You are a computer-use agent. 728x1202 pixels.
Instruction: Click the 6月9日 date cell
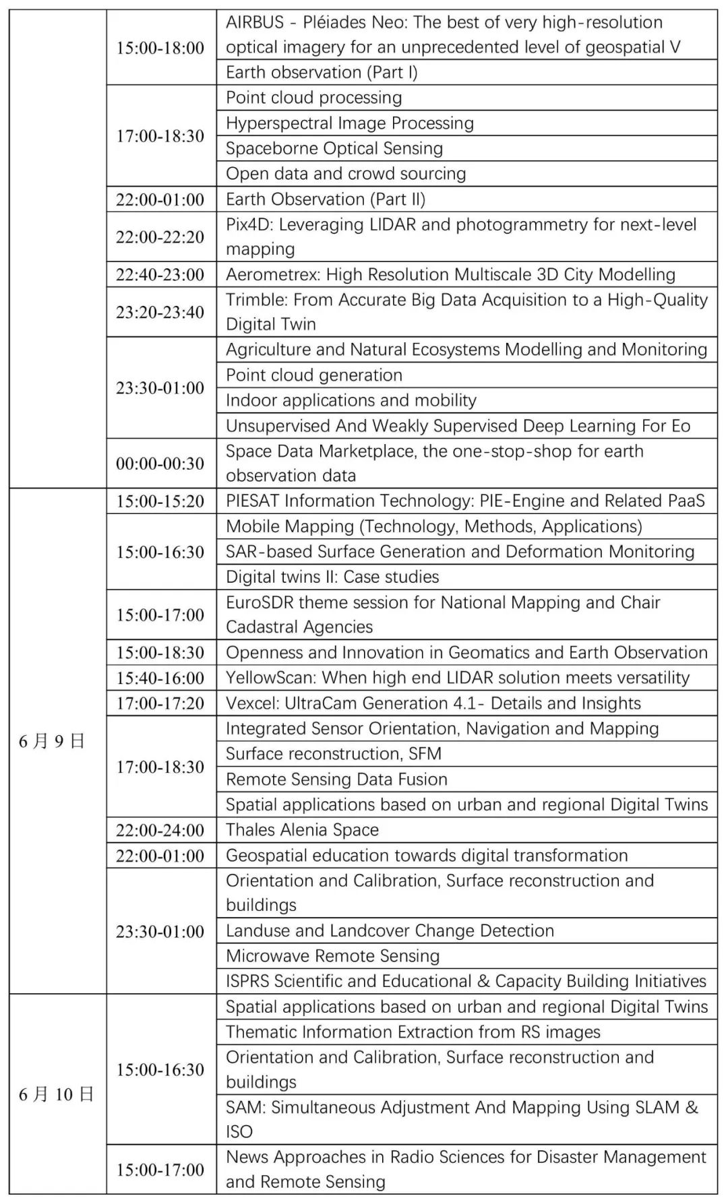coord(52,741)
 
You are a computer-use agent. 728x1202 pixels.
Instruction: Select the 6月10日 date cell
coord(55,1094)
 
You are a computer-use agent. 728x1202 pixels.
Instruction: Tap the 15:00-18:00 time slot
coord(160,47)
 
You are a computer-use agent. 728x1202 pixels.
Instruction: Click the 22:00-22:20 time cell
coord(160,236)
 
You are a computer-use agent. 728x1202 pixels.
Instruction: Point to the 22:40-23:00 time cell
coord(160,274)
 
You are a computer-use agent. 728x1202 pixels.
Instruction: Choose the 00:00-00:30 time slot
coord(160,463)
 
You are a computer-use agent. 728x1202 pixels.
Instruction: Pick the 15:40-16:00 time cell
coord(160,678)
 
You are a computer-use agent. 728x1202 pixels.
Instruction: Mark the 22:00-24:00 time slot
coord(160,830)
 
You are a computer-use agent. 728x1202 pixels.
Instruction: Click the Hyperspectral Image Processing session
coord(350,123)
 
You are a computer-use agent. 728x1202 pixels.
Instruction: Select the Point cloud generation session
coord(314,375)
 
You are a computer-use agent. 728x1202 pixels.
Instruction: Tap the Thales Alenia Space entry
coord(303,830)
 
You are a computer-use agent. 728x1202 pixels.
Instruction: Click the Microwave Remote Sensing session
coord(333,956)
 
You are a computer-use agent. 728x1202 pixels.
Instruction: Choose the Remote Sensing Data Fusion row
coord(337,780)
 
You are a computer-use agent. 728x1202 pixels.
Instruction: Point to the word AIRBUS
coord(255,22)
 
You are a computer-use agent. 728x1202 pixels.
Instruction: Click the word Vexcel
coord(250,703)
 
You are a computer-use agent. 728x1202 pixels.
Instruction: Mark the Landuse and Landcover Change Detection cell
coord(390,931)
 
